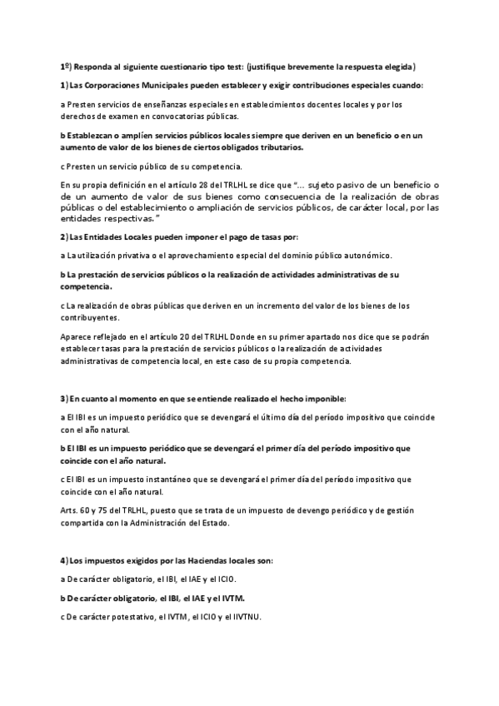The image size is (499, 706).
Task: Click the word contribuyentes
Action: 90,317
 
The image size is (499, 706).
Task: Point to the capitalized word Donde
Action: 236,336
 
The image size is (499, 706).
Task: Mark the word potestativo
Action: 131,617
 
